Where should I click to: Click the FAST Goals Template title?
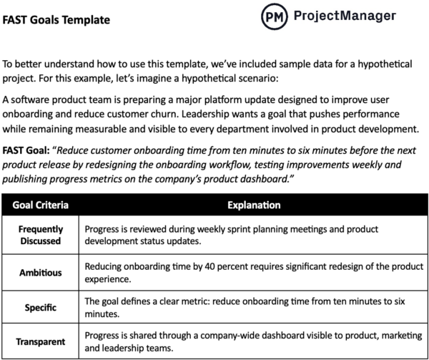(56, 20)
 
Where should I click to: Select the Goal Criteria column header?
(40, 205)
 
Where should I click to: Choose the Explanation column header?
(253, 205)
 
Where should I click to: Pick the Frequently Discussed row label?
(40, 235)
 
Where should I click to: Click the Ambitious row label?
(40, 272)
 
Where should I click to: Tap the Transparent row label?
(40, 341)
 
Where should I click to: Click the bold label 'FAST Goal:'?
(27, 151)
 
